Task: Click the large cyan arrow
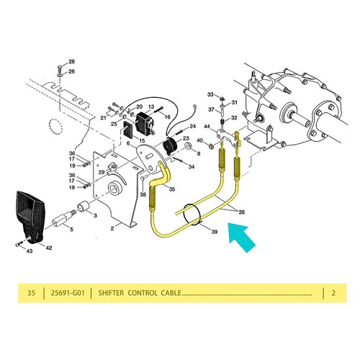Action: coord(241,237)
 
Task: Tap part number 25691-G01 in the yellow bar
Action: coord(68,293)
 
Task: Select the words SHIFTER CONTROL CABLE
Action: coord(140,293)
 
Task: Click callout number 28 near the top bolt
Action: coord(71,62)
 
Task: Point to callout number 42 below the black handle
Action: coord(49,248)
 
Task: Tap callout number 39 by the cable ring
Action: coord(214,232)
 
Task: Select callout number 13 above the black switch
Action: coord(151,107)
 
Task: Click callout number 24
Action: coord(193,126)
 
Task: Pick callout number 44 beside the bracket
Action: coord(207,127)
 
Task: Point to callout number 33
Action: coord(210,94)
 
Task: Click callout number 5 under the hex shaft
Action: coord(71,230)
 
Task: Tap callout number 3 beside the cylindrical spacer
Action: coord(95,215)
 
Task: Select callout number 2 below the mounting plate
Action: coord(112,228)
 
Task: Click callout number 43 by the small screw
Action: coord(30,251)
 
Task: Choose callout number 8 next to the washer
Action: coord(199,153)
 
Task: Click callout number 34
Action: coord(192,166)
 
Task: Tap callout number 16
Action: coord(167,117)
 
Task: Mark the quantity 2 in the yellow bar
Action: coord(333,293)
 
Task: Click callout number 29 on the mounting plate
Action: coord(102,172)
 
